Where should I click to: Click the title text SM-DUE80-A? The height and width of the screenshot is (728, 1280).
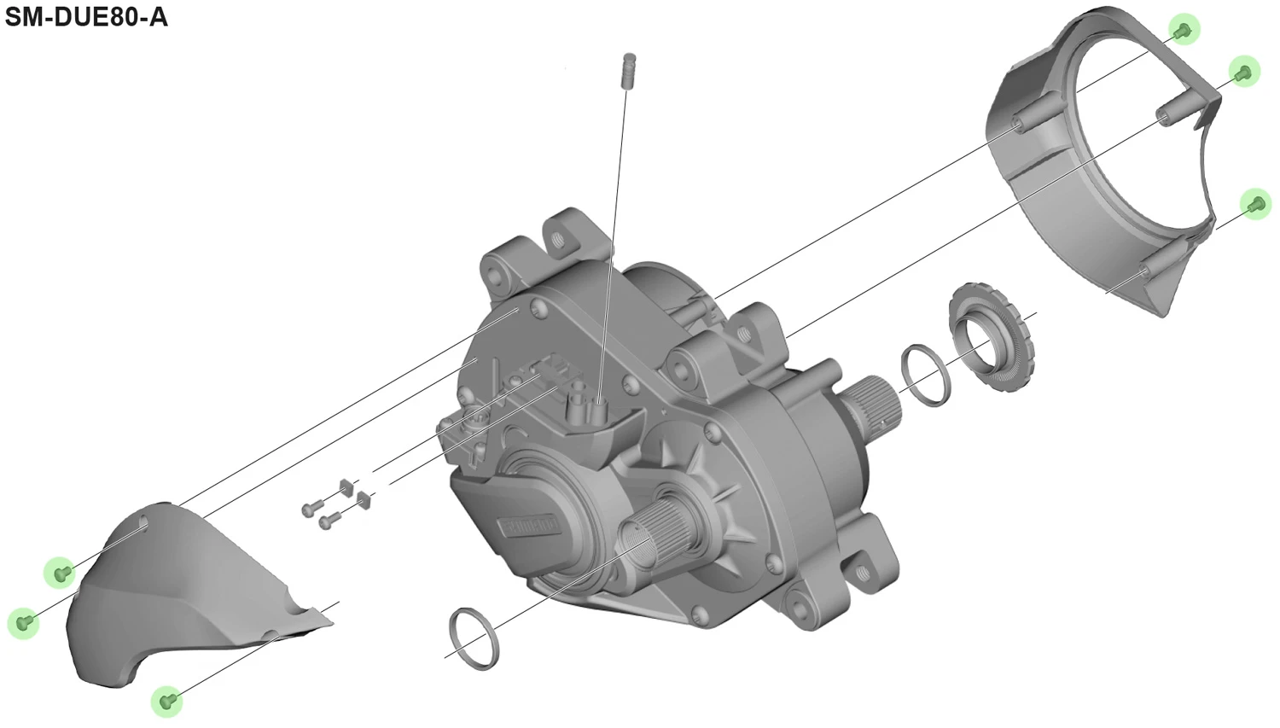(x=86, y=16)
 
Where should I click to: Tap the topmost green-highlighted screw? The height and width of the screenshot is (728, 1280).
(x=1184, y=30)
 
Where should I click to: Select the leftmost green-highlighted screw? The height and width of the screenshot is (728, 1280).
(x=23, y=622)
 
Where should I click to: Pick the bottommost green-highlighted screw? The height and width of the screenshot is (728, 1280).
(x=167, y=701)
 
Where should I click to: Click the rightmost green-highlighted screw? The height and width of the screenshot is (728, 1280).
(x=1255, y=204)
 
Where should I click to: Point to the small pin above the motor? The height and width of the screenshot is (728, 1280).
(x=629, y=68)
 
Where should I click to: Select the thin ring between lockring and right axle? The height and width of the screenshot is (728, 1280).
(x=925, y=376)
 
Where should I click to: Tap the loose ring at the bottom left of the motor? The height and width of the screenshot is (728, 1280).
(x=474, y=638)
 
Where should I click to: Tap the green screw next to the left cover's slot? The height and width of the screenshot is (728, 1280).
(x=61, y=572)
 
